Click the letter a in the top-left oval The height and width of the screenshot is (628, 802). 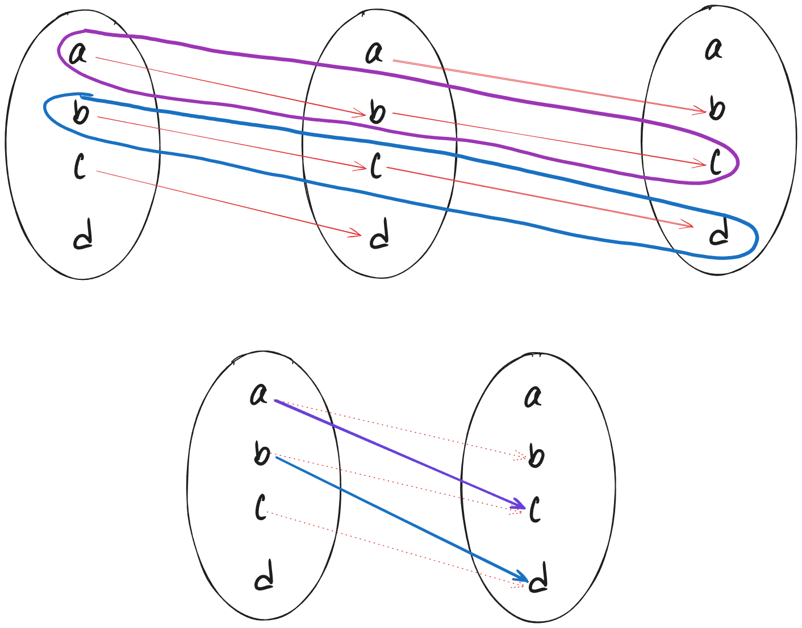coord(78,54)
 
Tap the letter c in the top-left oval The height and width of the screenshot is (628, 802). coord(80,166)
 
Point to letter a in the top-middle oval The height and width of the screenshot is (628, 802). coord(374,53)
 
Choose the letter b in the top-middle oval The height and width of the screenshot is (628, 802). coord(377,111)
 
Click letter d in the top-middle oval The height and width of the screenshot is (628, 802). coord(380,233)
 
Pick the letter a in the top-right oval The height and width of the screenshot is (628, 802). coord(714,49)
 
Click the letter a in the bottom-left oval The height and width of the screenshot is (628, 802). coord(259,395)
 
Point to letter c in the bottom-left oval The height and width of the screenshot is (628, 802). coord(261,508)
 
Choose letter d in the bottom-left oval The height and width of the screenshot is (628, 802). coord(264,575)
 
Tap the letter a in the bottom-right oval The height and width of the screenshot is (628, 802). coord(533,397)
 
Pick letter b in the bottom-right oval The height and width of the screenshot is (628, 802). coord(536,455)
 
